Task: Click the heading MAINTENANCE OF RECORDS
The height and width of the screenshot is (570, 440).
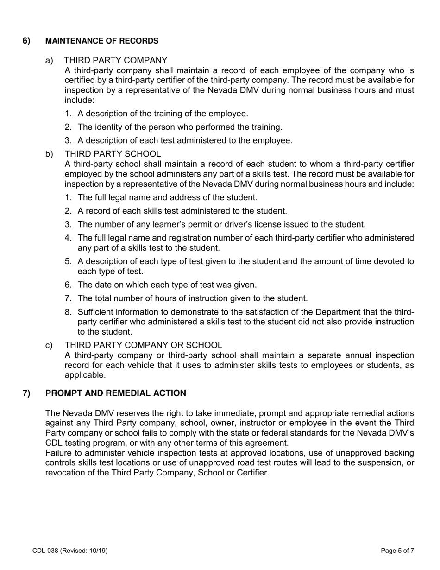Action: click(x=101, y=41)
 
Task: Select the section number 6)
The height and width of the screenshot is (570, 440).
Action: click(x=26, y=41)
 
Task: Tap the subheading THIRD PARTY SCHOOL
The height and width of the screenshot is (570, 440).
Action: click(x=113, y=154)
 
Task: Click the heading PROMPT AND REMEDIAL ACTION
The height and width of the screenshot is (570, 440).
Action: click(x=115, y=393)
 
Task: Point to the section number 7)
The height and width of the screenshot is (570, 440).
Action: click(x=26, y=393)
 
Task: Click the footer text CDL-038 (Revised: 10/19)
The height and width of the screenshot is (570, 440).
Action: click(x=70, y=551)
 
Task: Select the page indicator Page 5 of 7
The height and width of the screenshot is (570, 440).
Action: click(x=397, y=551)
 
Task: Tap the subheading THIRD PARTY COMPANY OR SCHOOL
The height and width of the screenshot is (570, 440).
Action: click(x=143, y=345)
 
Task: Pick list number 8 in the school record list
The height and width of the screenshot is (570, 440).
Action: click(x=68, y=312)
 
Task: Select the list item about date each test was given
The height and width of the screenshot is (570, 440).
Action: click(x=167, y=285)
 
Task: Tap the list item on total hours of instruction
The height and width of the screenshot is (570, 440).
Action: click(x=192, y=298)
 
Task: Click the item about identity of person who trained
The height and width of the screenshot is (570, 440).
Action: click(x=179, y=127)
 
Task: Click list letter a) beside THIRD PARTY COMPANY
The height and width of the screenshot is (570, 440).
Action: click(x=49, y=60)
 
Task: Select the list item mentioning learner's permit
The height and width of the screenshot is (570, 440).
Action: click(x=221, y=224)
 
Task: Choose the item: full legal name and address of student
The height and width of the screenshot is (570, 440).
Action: click(x=167, y=197)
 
